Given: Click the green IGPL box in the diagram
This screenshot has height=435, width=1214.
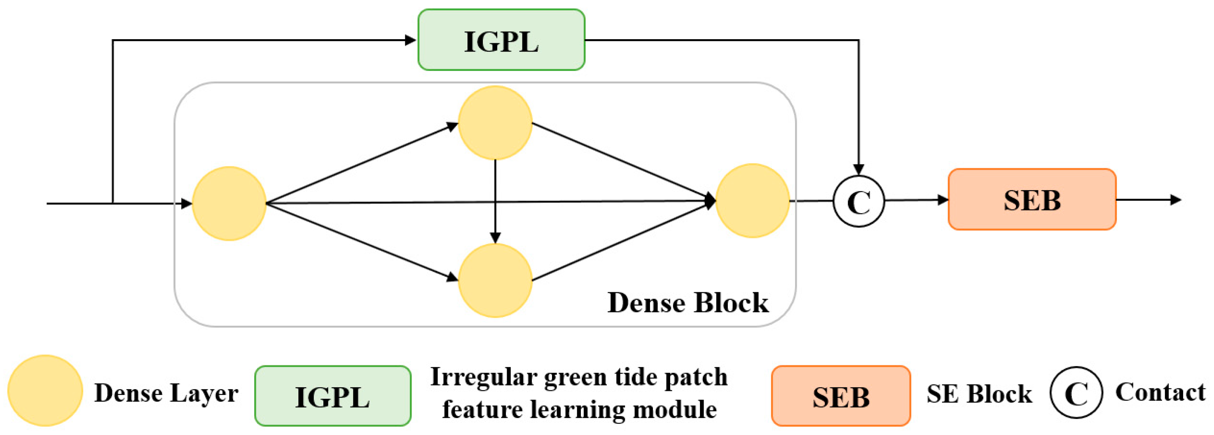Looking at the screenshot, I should pyautogui.click(x=501, y=40).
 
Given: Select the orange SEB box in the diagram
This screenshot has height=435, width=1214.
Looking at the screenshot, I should pyautogui.click(x=1032, y=200).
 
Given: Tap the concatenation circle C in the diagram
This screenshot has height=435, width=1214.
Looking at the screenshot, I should pyautogui.click(x=858, y=202).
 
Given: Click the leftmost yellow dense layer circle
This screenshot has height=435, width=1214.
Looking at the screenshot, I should pyautogui.click(x=229, y=203).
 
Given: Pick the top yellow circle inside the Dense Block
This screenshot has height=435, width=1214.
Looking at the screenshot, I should pyautogui.click(x=495, y=123).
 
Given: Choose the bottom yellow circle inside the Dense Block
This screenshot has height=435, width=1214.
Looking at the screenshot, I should pyautogui.click(x=495, y=280).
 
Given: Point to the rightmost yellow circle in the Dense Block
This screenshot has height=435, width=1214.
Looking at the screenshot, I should pyautogui.click(x=752, y=200).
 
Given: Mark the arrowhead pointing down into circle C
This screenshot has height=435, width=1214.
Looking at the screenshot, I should pyautogui.click(x=858, y=169).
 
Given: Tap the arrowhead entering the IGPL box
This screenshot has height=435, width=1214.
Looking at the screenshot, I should pyautogui.click(x=410, y=40).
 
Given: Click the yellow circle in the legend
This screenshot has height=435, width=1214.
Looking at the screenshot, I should pyautogui.click(x=45, y=390).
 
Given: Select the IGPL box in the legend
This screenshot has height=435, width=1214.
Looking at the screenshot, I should pyautogui.click(x=332, y=396).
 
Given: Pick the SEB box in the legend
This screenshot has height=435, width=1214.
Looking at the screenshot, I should pyautogui.click(x=841, y=396).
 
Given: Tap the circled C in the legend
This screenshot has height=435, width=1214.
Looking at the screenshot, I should pyautogui.click(x=1076, y=393).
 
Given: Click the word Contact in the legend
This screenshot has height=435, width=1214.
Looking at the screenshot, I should pyautogui.click(x=1160, y=392).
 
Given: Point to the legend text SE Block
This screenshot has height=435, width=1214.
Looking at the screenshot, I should pyautogui.click(x=979, y=393).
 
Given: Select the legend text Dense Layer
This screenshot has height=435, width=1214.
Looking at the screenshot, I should pyautogui.click(x=166, y=393).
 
